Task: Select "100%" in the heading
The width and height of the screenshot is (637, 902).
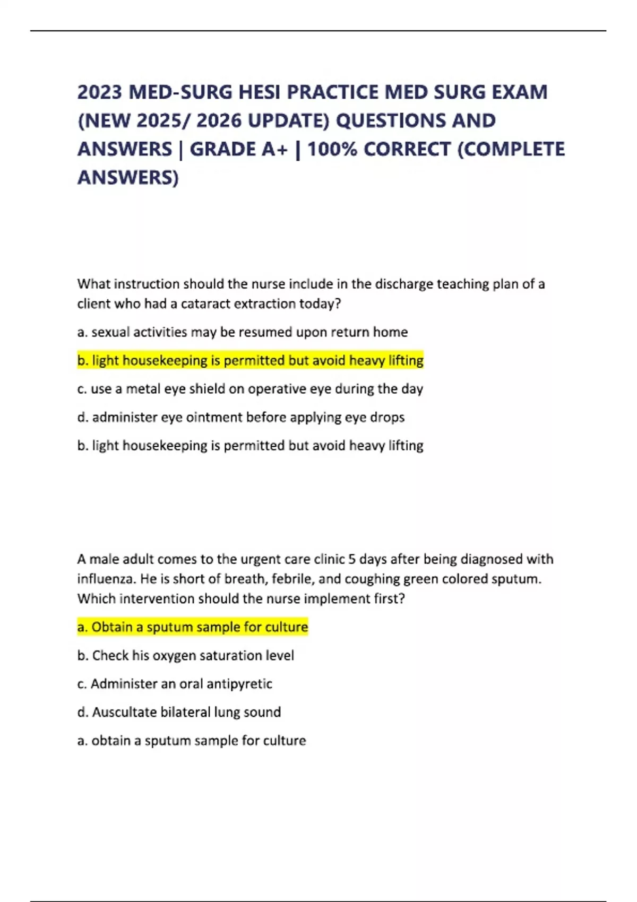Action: click(332, 149)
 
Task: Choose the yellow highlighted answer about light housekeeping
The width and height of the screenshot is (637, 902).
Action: click(250, 361)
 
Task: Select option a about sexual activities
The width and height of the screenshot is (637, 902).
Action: click(242, 332)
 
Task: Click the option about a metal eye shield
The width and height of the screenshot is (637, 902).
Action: click(250, 389)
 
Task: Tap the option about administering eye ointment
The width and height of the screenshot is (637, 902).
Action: click(240, 418)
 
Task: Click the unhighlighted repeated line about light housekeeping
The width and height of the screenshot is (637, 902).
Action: click(250, 446)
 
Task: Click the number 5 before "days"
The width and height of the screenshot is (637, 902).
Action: click(351, 559)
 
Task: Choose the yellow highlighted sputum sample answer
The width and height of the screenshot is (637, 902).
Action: click(192, 627)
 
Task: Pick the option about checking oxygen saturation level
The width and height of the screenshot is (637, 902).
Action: click(185, 656)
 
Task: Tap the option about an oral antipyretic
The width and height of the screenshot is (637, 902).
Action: click(175, 684)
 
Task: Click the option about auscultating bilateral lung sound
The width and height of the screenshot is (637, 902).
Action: click(179, 712)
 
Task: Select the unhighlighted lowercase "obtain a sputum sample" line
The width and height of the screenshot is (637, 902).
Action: click(191, 741)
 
